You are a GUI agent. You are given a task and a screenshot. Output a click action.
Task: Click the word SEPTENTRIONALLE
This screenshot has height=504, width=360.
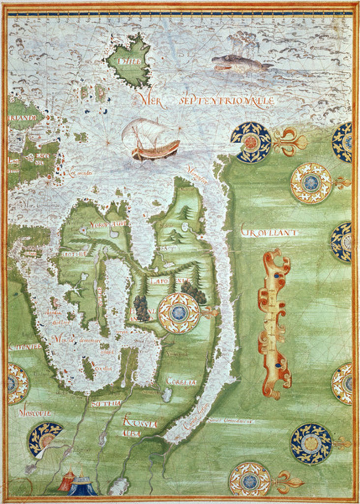224,101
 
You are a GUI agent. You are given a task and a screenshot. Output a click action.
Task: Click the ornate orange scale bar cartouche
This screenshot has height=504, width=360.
274,322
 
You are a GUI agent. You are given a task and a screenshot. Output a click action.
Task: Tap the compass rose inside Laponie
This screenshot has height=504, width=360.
179,313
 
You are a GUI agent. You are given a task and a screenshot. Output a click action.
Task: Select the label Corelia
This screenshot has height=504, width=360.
181,381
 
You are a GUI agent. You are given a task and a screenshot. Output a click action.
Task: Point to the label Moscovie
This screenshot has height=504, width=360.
34,413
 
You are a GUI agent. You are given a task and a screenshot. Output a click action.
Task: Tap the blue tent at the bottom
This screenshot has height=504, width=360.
83,486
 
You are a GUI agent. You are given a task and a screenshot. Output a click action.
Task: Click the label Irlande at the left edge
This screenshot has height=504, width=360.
22,118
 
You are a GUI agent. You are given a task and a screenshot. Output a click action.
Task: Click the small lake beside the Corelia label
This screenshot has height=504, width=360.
167,394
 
